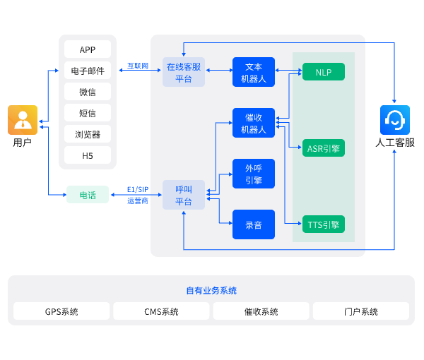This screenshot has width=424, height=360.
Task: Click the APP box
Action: coord(88,49)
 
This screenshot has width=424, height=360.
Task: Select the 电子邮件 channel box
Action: coord(88,71)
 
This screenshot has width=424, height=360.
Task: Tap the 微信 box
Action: coord(88,92)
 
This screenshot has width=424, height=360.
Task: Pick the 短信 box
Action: coord(88,113)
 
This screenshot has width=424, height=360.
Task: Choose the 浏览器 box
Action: coord(88,134)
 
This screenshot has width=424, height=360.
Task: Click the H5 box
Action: coord(88,155)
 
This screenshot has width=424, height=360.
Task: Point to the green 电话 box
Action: coord(88,195)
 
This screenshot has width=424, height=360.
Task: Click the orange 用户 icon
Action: coord(23,120)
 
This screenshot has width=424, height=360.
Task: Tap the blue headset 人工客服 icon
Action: coord(394,120)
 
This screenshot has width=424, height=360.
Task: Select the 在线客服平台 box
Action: coord(184,72)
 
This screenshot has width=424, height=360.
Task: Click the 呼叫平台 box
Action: coord(184,195)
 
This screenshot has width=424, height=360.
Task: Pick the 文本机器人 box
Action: coord(254,72)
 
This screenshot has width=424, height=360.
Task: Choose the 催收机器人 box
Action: coord(254,123)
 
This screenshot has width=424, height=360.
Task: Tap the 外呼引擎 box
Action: coord(254,174)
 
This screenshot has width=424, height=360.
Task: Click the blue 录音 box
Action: coord(254,224)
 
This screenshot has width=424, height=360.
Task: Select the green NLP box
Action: coord(324,72)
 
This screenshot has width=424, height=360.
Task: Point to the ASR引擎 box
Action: coord(324,148)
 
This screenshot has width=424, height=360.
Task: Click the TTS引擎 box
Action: coord(324,224)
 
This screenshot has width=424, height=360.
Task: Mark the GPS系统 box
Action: coord(61,311)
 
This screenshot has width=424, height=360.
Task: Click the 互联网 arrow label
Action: coord(138,66)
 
